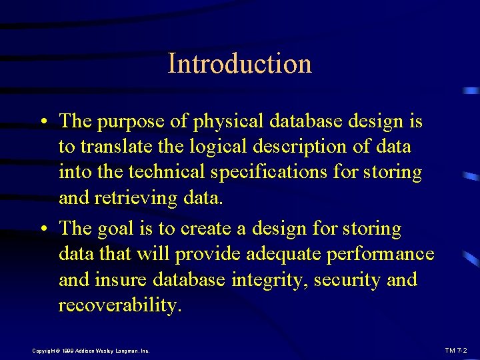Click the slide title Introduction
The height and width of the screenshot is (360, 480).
(x=239, y=63)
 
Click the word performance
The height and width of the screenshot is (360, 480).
(x=381, y=254)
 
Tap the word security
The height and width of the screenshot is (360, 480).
(x=347, y=279)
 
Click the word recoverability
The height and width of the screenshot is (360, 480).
(x=119, y=305)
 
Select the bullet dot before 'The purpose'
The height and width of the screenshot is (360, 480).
(x=42, y=123)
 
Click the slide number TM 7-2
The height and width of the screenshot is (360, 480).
(x=456, y=350)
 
